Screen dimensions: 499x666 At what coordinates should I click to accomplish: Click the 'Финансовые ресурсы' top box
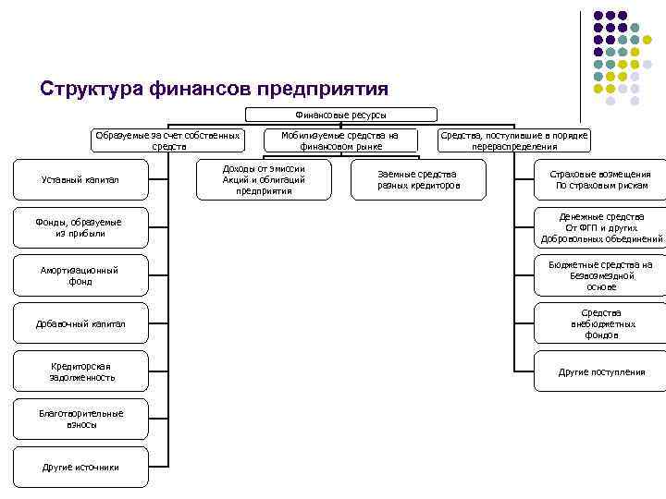tap(340, 115)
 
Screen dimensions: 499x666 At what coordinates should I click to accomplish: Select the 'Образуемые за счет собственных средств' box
tap(168, 140)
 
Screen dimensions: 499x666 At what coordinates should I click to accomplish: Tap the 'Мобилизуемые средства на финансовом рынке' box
tap(339, 140)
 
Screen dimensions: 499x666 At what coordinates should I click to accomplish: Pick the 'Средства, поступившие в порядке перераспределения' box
tap(513, 140)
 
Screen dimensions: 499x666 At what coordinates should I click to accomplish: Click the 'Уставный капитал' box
tap(80, 179)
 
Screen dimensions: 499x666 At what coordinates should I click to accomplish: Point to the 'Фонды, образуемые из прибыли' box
tap(80, 227)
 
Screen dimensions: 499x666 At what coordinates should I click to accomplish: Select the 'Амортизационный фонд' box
tap(80, 275)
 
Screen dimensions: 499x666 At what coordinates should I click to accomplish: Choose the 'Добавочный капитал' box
tap(80, 323)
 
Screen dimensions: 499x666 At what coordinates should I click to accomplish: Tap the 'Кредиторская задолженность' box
tap(80, 371)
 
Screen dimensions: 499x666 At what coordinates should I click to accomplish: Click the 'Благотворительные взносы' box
tap(80, 419)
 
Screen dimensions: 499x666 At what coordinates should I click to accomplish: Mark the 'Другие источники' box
tap(80, 467)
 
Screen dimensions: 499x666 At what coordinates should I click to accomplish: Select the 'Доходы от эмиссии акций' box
tap(265, 180)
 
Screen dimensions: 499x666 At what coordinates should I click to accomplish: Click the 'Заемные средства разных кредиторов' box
tap(418, 180)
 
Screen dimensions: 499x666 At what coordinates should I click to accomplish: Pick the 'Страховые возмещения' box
tap(600, 180)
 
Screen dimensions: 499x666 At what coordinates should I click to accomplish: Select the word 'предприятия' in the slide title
tap(324, 89)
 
